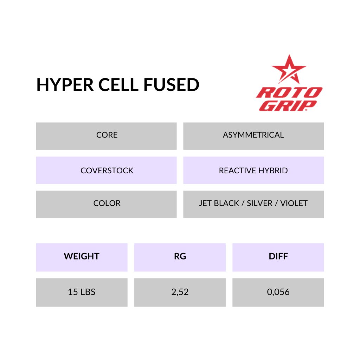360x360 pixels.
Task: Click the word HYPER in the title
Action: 65,85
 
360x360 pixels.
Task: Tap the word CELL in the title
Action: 118,85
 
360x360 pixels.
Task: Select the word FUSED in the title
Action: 171,85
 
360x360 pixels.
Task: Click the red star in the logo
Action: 289,69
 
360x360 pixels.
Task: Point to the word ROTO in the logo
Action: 289,93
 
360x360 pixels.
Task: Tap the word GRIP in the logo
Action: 288,105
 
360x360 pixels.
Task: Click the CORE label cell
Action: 106,136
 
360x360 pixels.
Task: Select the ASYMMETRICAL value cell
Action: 253,136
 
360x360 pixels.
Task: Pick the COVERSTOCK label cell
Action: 106,170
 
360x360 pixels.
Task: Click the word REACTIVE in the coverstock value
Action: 237,171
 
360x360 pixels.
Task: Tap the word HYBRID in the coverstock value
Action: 273,171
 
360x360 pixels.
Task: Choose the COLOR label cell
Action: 106,204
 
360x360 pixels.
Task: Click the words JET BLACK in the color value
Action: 219,203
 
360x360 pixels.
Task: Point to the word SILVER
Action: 259,203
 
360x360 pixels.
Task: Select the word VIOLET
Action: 294,203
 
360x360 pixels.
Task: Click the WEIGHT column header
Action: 82,257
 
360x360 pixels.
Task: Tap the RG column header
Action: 180,257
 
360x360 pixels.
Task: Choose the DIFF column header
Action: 278,257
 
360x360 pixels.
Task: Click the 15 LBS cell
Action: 82,292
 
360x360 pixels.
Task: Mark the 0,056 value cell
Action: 278,292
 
